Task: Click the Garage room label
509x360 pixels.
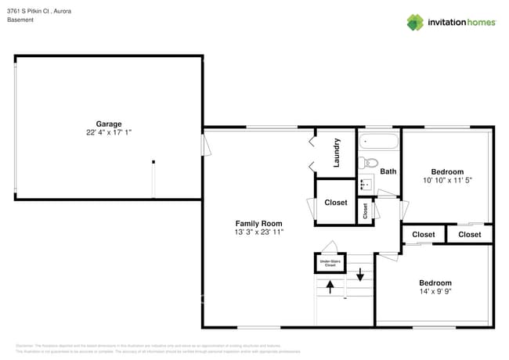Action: pyautogui.click(x=109, y=124)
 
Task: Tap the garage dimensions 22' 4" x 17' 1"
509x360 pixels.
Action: pyautogui.click(x=109, y=132)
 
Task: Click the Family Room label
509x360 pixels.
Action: pyautogui.click(x=258, y=224)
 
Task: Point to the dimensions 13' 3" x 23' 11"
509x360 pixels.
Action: pyautogui.click(x=258, y=232)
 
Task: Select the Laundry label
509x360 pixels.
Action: pyautogui.click(x=337, y=153)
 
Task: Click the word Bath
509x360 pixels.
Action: pyautogui.click(x=388, y=171)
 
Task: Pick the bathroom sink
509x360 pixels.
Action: pyautogui.click(x=365, y=185)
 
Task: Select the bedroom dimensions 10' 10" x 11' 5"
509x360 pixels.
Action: pyautogui.click(x=447, y=180)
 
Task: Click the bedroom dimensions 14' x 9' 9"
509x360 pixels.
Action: pyautogui.click(x=435, y=292)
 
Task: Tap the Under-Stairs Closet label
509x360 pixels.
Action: pyautogui.click(x=330, y=265)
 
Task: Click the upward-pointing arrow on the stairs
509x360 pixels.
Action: pyautogui.click(x=330, y=288)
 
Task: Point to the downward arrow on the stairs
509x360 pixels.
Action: pyautogui.click(x=360, y=275)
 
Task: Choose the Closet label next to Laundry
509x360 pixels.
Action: pyautogui.click(x=336, y=203)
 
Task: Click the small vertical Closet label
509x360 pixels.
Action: pyautogui.click(x=365, y=211)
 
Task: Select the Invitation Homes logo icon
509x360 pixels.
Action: pyautogui.click(x=414, y=22)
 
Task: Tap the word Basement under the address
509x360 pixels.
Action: pyautogui.click(x=20, y=20)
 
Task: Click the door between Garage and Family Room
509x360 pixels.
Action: pyautogui.click(x=206, y=146)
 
